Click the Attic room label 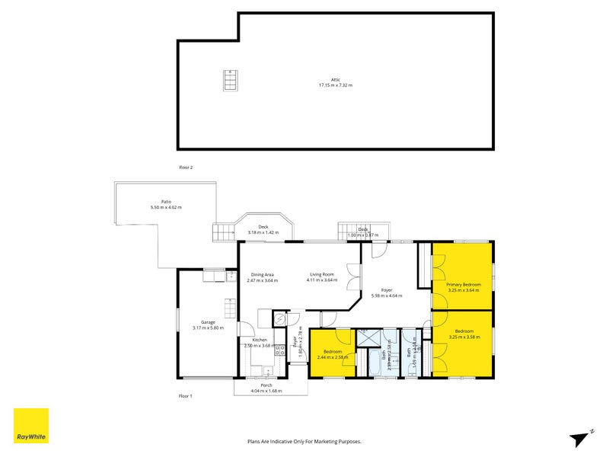pos(335,79)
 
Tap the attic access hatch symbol pos(228,80)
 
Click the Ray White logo pos(30,427)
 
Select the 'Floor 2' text pos(187,167)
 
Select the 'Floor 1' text pos(187,396)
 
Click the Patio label pos(166,201)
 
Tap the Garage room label pos(209,322)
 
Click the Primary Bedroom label pos(464,284)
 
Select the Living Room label pos(322,274)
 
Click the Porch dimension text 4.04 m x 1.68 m pos(266,391)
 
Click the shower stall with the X pos(367,336)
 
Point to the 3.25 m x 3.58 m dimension pos(464,337)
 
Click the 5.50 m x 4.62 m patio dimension pos(166,207)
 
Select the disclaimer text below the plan pos(304,441)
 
